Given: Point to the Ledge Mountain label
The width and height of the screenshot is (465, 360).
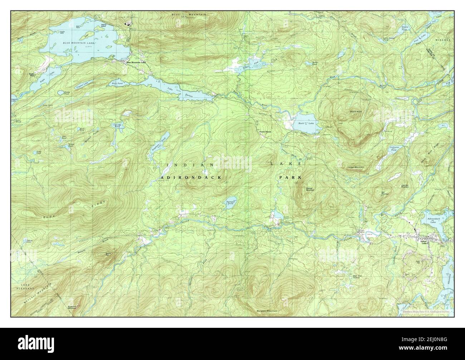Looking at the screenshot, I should point(356,167).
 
